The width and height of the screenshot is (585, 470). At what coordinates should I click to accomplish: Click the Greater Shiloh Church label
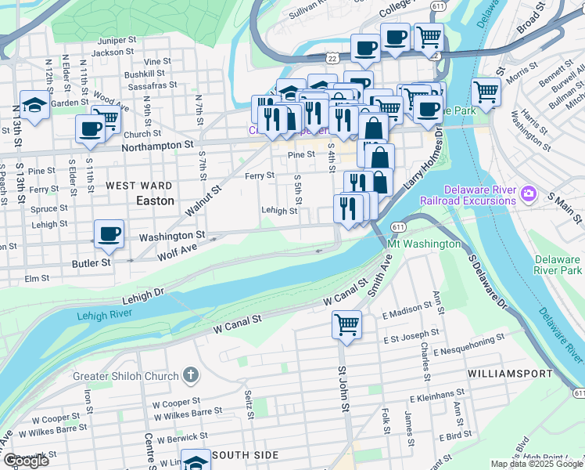click(x=125, y=376)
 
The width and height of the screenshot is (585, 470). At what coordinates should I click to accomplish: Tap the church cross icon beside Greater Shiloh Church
click(x=190, y=376)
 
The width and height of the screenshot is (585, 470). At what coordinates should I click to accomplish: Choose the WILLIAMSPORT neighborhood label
click(x=510, y=374)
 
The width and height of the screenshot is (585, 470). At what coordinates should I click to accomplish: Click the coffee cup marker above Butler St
click(x=109, y=233)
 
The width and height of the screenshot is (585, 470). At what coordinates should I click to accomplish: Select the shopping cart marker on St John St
click(x=346, y=324)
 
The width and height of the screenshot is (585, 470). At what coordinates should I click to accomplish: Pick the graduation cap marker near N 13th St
click(x=34, y=105)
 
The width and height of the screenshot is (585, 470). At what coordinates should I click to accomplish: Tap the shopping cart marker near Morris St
click(x=486, y=92)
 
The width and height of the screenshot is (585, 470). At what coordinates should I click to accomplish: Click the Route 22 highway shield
click(x=333, y=57)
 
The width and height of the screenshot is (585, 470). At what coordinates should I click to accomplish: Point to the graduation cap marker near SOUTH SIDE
click(x=196, y=461)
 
